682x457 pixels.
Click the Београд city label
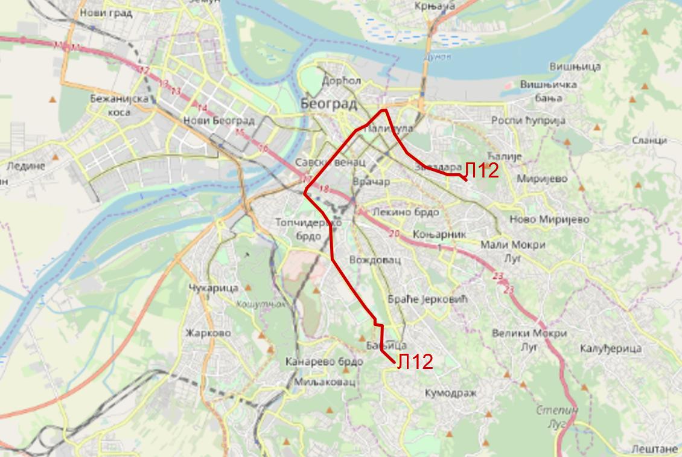click(x=328, y=104)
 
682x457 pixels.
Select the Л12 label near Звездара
click(x=482, y=171)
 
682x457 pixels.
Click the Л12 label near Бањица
click(x=415, y=362)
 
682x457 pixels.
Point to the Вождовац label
click(x=375, y=260)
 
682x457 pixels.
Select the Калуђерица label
click(x=610, y=348)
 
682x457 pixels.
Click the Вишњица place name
click(x=575, y=66)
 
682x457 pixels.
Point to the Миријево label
click(x=543, y=179)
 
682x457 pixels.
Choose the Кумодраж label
click(x=451, y=393)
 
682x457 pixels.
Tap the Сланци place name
click(x=649, y=140)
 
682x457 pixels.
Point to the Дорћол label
click(x=342, y=80)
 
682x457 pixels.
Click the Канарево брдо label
click(x=324, y=362)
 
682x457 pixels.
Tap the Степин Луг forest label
click(x=557, y=417)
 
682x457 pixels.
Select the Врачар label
click(x=371, y=182)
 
